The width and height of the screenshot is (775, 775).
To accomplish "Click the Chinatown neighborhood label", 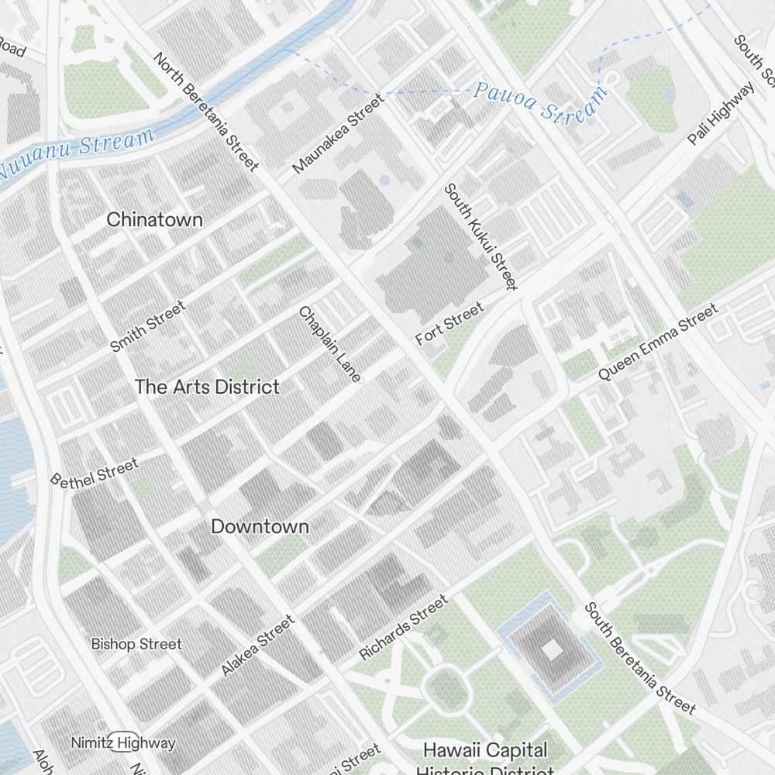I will [x=154, y=219].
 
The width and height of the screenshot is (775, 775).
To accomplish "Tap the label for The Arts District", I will [x=207, y=387].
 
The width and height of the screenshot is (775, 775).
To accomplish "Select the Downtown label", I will [x=260, y=526].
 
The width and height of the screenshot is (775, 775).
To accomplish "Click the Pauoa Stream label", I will [x=540, y=102].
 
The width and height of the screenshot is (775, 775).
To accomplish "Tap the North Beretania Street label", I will [x=206, y=112].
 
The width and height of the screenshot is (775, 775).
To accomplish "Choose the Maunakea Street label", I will [x=338, y=134].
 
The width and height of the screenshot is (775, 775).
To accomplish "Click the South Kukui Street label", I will [x=480, y=236].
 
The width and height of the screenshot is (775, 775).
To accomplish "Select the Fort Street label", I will [x=449, y=324].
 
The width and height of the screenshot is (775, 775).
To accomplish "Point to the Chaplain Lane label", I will [x=330, y=344].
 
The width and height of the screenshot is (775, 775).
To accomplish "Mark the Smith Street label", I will [x=148, y=326].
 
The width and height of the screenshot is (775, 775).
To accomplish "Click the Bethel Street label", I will [x=95, y=472].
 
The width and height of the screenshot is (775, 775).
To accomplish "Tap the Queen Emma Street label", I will [x=657, y=342].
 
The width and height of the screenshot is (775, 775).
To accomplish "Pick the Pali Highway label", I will [x=721, y=113].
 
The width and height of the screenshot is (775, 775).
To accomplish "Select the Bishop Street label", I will [x=136, y=644].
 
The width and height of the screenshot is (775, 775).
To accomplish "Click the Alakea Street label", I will [x=258, y=645].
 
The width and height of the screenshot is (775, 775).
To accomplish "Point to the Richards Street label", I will [x=403, y=628].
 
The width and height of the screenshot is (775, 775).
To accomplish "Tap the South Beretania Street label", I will [x=639, y=657].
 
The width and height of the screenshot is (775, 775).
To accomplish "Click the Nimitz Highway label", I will [x=123, y=742].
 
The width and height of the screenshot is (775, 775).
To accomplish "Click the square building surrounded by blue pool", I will [x=550, y=649].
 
